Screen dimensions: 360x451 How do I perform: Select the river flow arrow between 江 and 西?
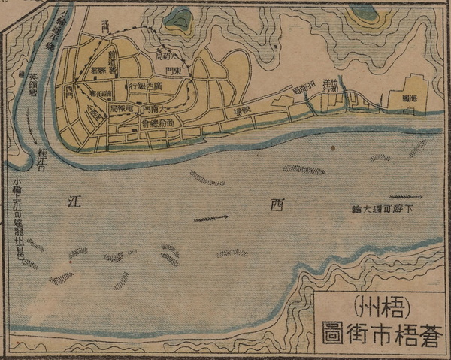click(211, 219)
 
